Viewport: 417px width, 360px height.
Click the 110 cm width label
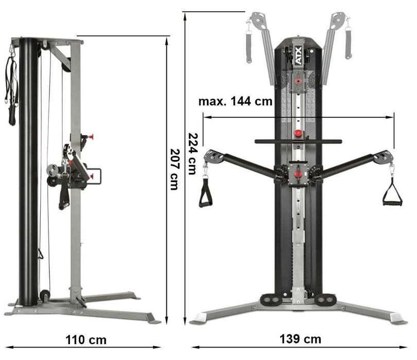(86, 339)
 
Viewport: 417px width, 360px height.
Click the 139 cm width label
(300, 339)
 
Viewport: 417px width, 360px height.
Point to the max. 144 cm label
(235, 101)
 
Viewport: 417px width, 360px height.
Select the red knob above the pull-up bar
(298, 133)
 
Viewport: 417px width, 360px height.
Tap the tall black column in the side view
(28, 170)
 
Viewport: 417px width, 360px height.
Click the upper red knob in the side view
(91, 137)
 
